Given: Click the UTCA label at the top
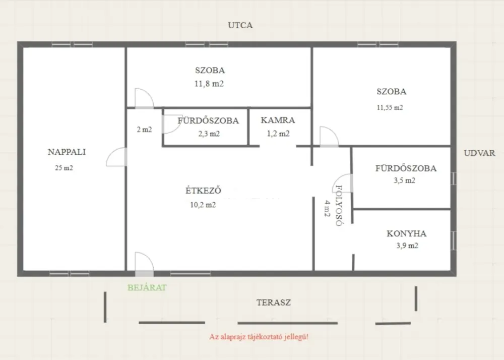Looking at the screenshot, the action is click(x=240, y=25).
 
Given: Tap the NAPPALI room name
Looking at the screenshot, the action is click(x=67, y=152).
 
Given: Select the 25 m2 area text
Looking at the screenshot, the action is click(x=64, y=168).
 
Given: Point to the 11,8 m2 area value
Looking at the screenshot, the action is click(x=209, y=84).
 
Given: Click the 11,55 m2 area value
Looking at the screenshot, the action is click(x=390, y=108).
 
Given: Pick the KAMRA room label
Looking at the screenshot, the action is click(x=278, y=120).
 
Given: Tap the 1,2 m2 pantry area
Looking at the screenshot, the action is click(x=278, y=134).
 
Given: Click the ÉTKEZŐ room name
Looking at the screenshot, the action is click(x=203, y=190).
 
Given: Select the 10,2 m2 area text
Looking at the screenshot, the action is click(x=203, y=205).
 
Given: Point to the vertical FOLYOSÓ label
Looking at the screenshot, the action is click(x=339, y=206).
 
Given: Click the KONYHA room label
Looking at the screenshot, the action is click(x=406, y=233).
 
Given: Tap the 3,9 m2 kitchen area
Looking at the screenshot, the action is click(x=407, y=246).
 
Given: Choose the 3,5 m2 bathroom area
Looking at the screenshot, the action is click(x=404, y=181).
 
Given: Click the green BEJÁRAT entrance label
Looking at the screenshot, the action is click(x=147, y=288).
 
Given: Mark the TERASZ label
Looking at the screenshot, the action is click(x=274, y=303).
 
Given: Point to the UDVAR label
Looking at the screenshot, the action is click(x=479, y=153).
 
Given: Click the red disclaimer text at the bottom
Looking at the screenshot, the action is click(x=259, y=337).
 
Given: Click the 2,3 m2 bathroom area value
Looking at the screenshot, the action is click(x=209, y=134).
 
